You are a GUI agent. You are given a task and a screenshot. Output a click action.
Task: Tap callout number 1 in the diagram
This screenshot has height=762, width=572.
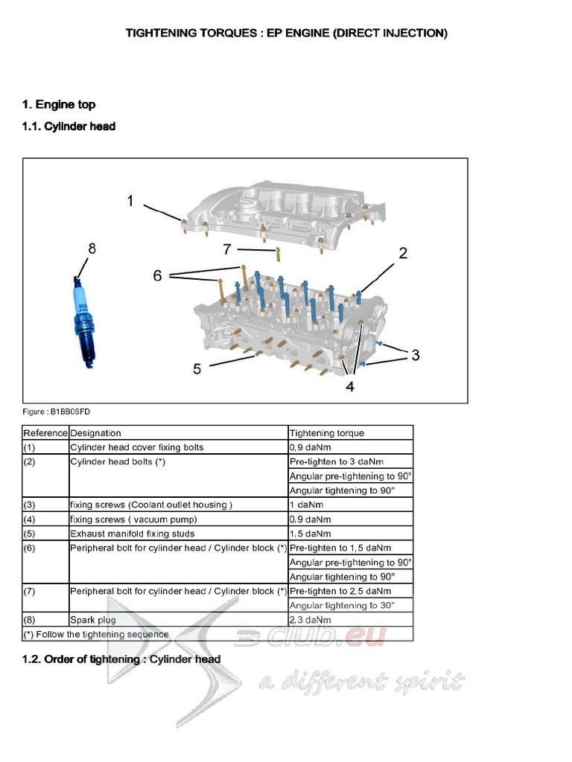coord(130,201)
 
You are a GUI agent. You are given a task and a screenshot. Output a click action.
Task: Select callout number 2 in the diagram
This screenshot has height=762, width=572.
coord(403,253)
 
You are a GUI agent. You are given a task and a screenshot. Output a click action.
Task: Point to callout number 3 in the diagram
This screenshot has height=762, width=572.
coord(415,355)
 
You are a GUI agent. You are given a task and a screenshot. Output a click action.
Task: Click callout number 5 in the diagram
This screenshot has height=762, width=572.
coord(197,368)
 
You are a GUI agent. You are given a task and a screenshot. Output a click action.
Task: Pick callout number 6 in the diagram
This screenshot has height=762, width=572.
coord(157,275)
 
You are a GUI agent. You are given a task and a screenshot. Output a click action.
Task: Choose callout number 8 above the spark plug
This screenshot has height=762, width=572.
coord(92,249)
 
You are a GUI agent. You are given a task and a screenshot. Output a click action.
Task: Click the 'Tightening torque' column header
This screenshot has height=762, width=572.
coord(327,433)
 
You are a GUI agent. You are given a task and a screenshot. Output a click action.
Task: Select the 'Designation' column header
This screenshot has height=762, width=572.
coord(95,433)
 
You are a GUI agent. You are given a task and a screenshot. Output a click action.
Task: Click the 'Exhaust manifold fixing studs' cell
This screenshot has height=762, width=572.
coord(133,534)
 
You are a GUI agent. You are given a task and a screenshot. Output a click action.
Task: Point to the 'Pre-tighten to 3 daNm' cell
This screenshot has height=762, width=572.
coord(340,461)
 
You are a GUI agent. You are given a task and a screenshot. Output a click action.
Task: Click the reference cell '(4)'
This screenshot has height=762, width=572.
coord(30,519)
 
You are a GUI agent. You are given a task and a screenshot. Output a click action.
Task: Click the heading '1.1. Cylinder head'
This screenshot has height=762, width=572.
coord(69,127)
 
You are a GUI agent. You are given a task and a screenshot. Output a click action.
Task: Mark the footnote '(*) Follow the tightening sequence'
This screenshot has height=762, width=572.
coord(96,635)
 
